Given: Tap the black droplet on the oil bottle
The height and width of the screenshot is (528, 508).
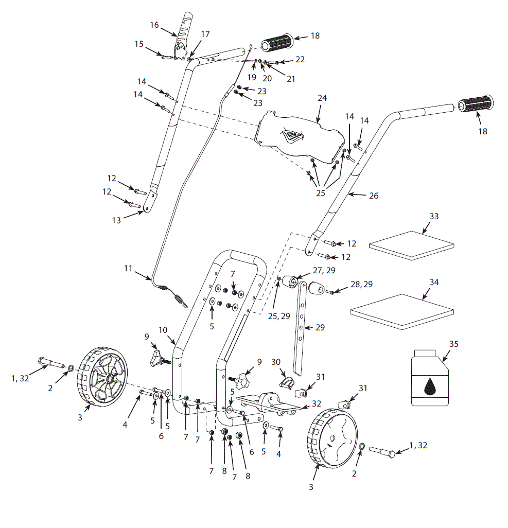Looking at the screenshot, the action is [x=429, y=386].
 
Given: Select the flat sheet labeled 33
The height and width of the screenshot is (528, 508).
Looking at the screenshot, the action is [x=412, y=245].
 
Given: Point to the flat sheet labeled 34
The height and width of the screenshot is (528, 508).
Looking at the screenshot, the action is [x=402, y=311].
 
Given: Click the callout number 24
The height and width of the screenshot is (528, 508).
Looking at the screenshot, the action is [x=322, y=98].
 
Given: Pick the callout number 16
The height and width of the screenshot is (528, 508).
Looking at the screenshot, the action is [x=154, y=25].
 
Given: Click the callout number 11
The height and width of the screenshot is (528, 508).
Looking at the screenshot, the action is [x=128, y=269].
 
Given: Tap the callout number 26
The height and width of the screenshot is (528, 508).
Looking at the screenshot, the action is [x=374, y=196].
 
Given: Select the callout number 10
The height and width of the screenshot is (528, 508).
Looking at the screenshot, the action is [x=163, y=330].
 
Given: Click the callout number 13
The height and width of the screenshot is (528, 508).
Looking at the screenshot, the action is [x=116, y=221].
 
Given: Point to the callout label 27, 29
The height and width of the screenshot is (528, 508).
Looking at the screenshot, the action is [x=324, y=270].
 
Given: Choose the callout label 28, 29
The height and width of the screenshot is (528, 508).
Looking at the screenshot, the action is [x=361, y=284].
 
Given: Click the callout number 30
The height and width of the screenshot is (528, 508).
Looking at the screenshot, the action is [x=276, y=362].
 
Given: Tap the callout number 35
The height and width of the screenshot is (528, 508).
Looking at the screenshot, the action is [x=454, y=344].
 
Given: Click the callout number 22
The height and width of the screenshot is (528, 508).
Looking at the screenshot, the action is [x=300, y=59].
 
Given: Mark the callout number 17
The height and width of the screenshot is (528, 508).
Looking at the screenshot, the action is [x=205, y=34].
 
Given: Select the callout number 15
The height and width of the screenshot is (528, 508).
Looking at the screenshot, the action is [x=139, y=44].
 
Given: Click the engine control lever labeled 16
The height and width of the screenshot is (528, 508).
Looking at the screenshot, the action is [x=182, y=37].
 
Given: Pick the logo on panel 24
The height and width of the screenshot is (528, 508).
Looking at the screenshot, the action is [x=292, y=136].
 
